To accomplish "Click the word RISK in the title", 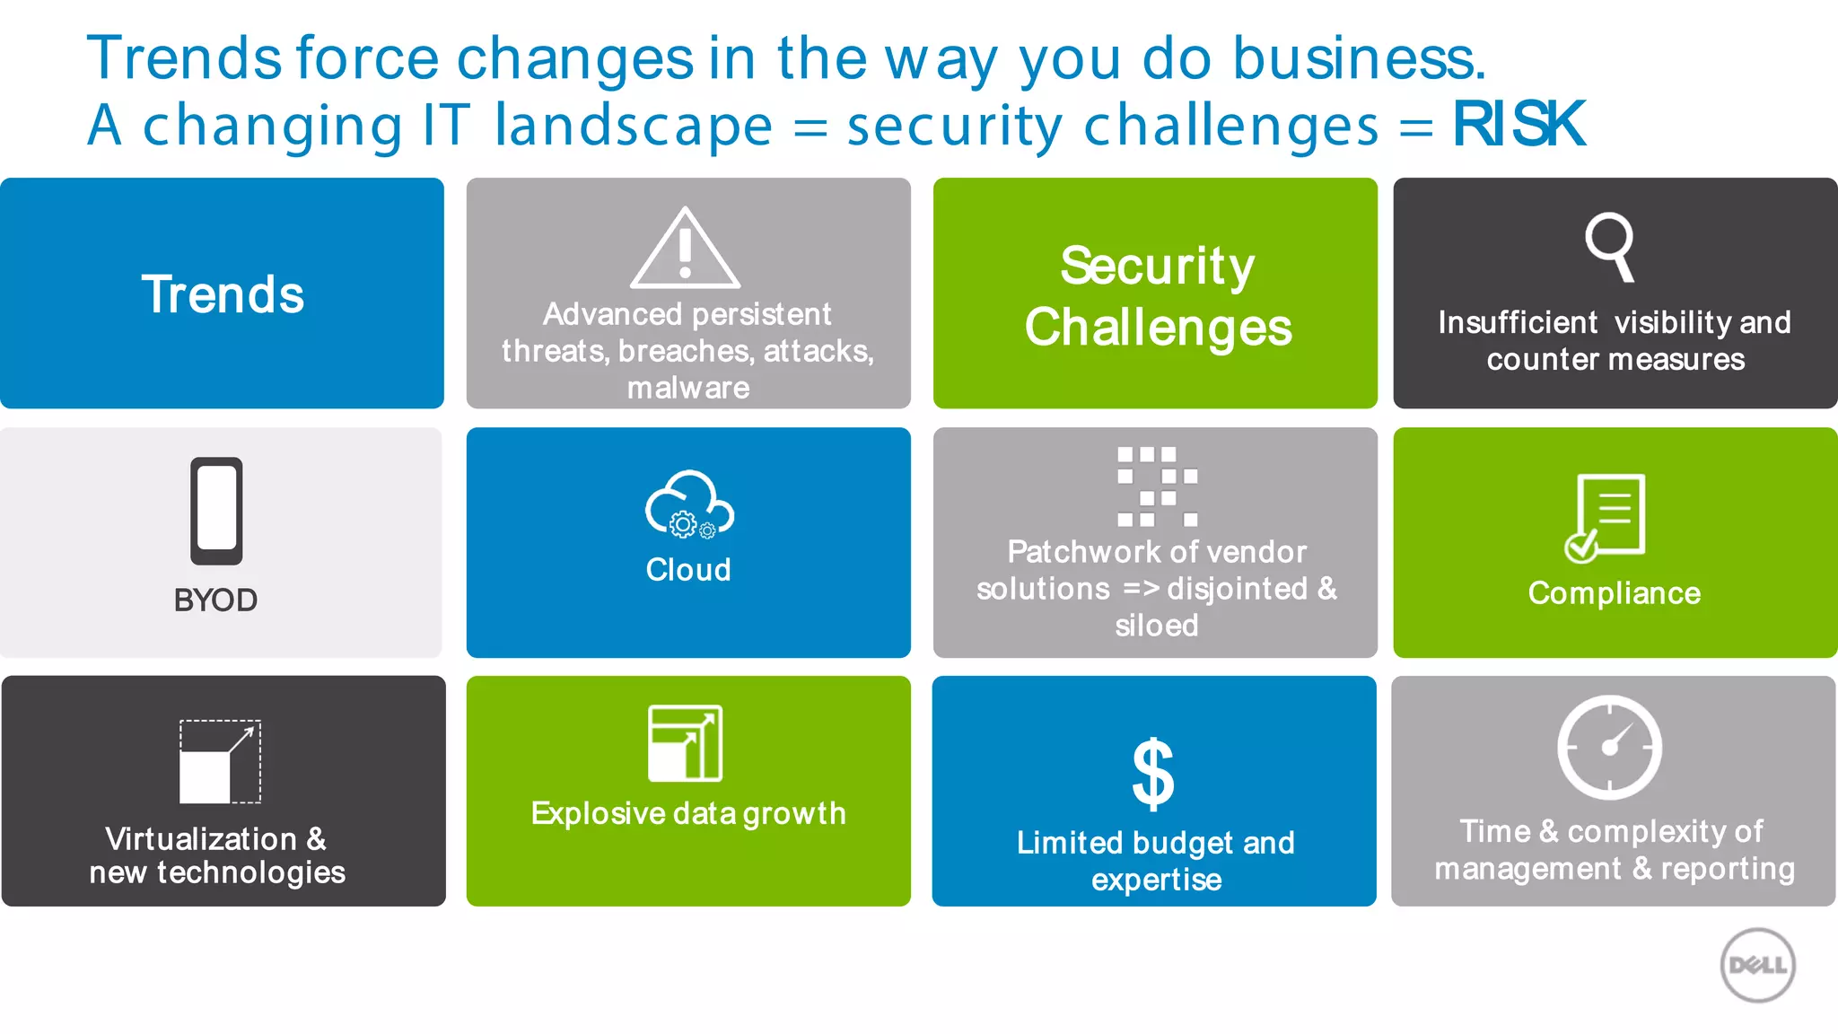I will pyautogui.click(x=1519, y=124).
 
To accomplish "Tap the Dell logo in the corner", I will pyautogui.click(x=1757, y=965).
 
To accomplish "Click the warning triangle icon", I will pyautogui.click(x=685, y=250).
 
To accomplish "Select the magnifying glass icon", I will pyautogui.click(x=1610, y=246).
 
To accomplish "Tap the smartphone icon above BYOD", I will pyautogui.click(x=216, y=511).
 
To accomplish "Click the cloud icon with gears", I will pyautogui.click(x=688, y=505).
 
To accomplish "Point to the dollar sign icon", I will pyautogui.click(x=1153, y=774).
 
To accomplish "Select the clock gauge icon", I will pyautogui.click(x=1609, y=747).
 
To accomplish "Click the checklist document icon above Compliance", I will pyautogui.click(x=1606, y=518).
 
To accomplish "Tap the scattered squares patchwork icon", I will pyautogui.click(x=1157, y=486).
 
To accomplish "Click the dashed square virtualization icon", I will pyautogui.click(x=220, y=761).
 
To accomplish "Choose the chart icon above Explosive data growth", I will pyautogui.click(x=685, y=743).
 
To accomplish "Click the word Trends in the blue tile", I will pyautogui.click(x=223, y=294).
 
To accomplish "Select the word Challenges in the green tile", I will pyautogui.click(x=1158, y=328).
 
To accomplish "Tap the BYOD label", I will pyautogui.click(x=215, y=600).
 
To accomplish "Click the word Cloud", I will pyautogui.click(x=688, y=570).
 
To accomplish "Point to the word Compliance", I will pyautogui.click(x=1614, y=593).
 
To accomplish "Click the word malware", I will pyautogui.click(x=688, y=388).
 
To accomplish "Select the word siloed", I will pyautogui.click(x=1156, y=625).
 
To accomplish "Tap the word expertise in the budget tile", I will pyautogui.click(x=1156, y=880).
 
